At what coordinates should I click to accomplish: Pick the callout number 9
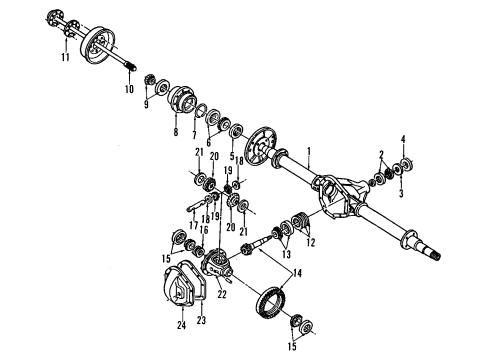[x=147, y=103]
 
